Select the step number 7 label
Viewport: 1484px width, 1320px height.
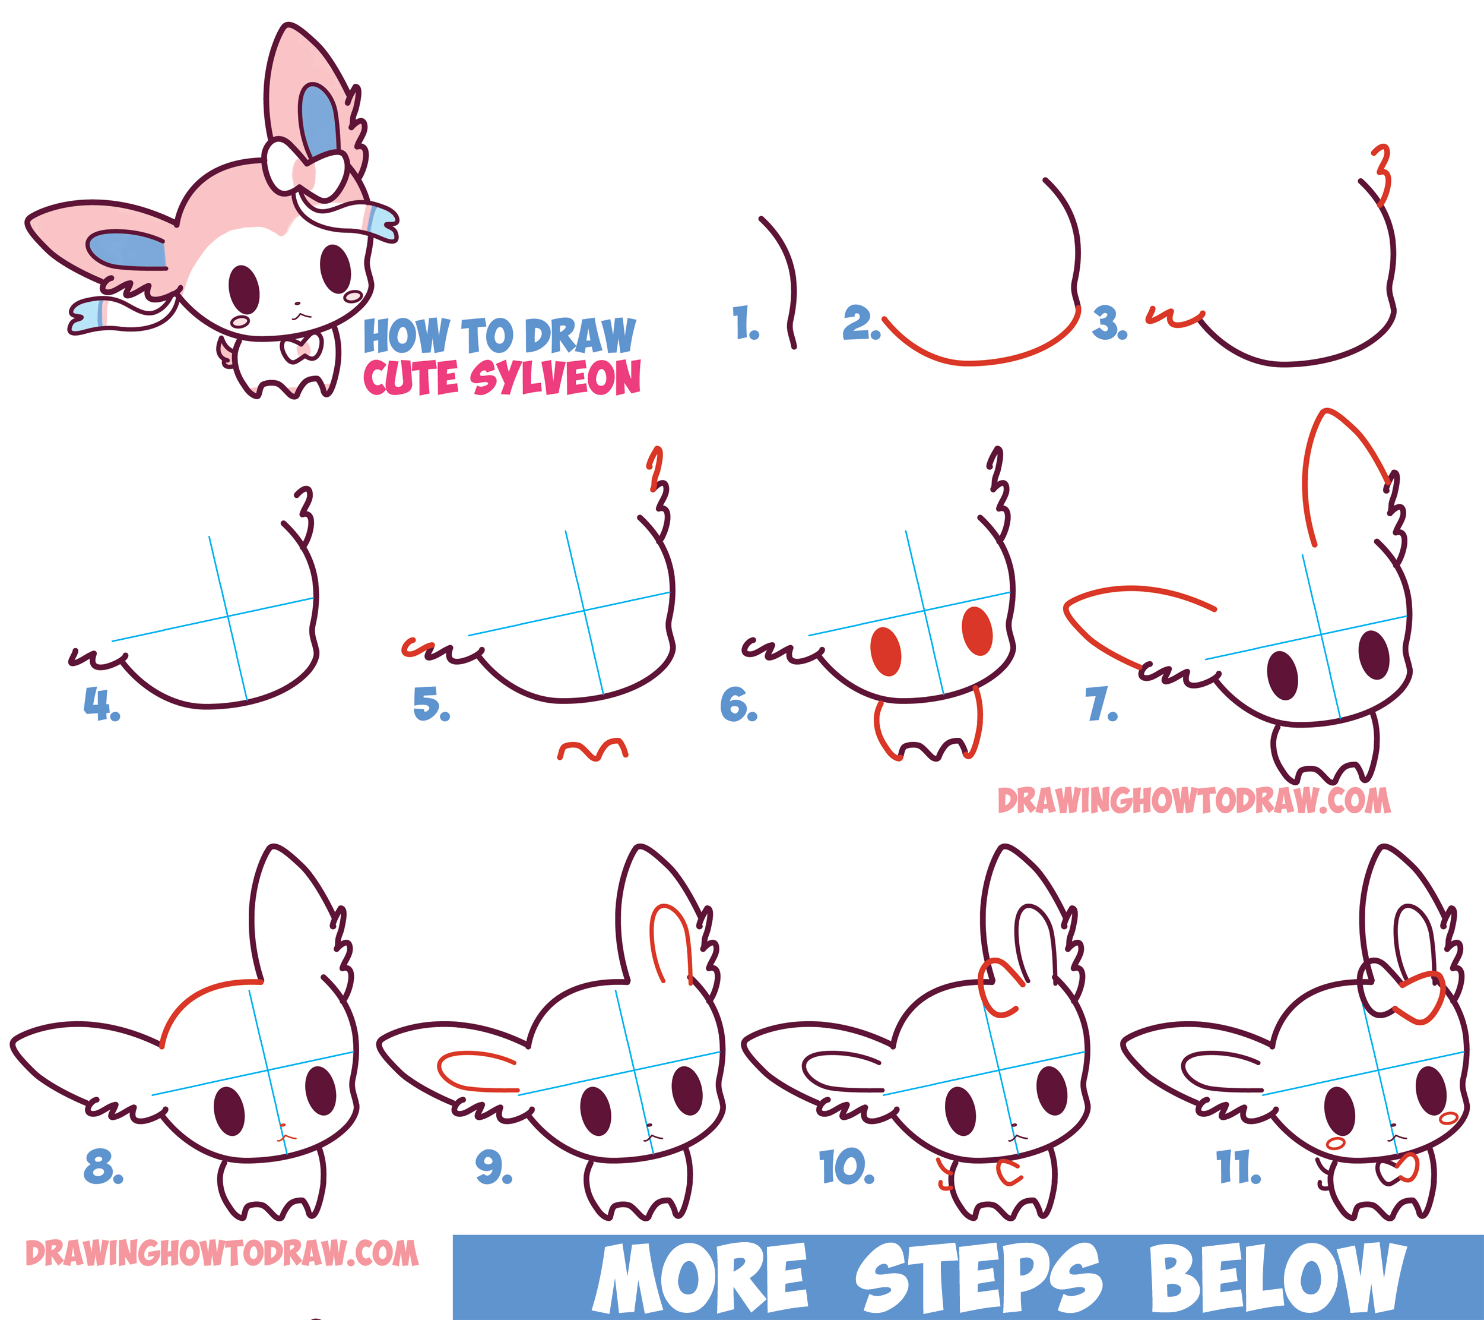(x=1101, y=704)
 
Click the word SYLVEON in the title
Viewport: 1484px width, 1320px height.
(x=556, y=378)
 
